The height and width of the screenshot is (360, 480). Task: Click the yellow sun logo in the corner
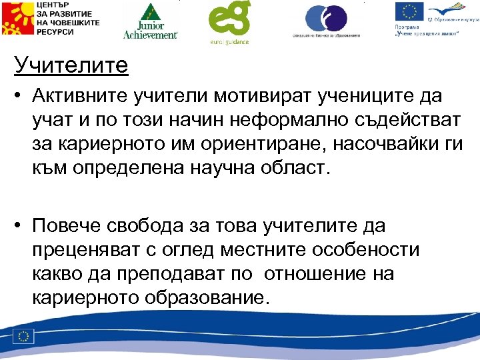coord(16,20)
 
